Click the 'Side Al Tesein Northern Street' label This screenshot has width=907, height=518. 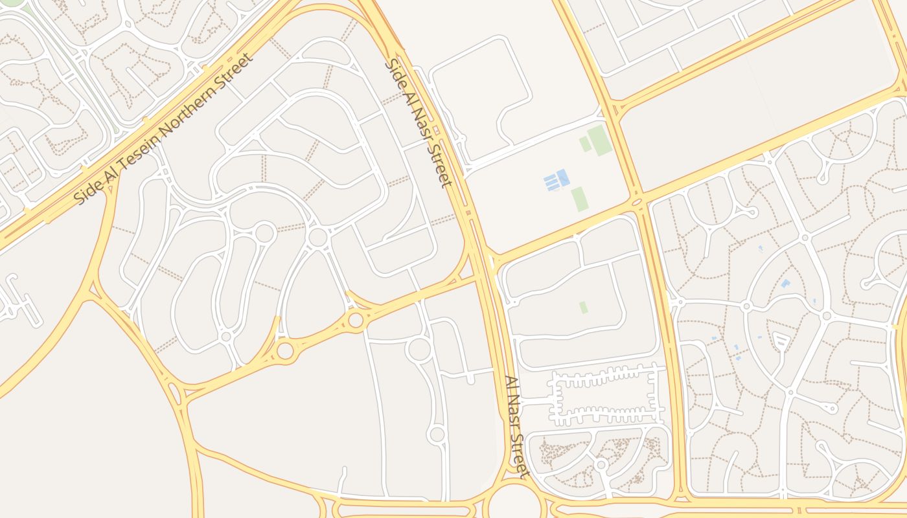[165, 129]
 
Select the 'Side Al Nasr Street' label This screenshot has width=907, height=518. [419, 123]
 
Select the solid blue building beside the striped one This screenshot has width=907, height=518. [563, 177]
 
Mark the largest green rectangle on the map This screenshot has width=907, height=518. [600, 140]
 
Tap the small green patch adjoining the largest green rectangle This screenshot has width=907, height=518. [585, 144]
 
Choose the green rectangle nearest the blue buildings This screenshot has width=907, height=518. [579, 199]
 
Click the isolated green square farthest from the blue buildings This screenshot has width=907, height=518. [584, 307]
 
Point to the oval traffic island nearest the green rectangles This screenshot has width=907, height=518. [637, 202]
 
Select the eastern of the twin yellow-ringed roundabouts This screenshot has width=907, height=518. [355, 320]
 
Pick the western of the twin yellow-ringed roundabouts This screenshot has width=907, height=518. [285, 350]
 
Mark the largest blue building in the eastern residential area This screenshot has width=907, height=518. [786, 284]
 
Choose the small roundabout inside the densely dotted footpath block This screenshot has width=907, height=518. [601, 464]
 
